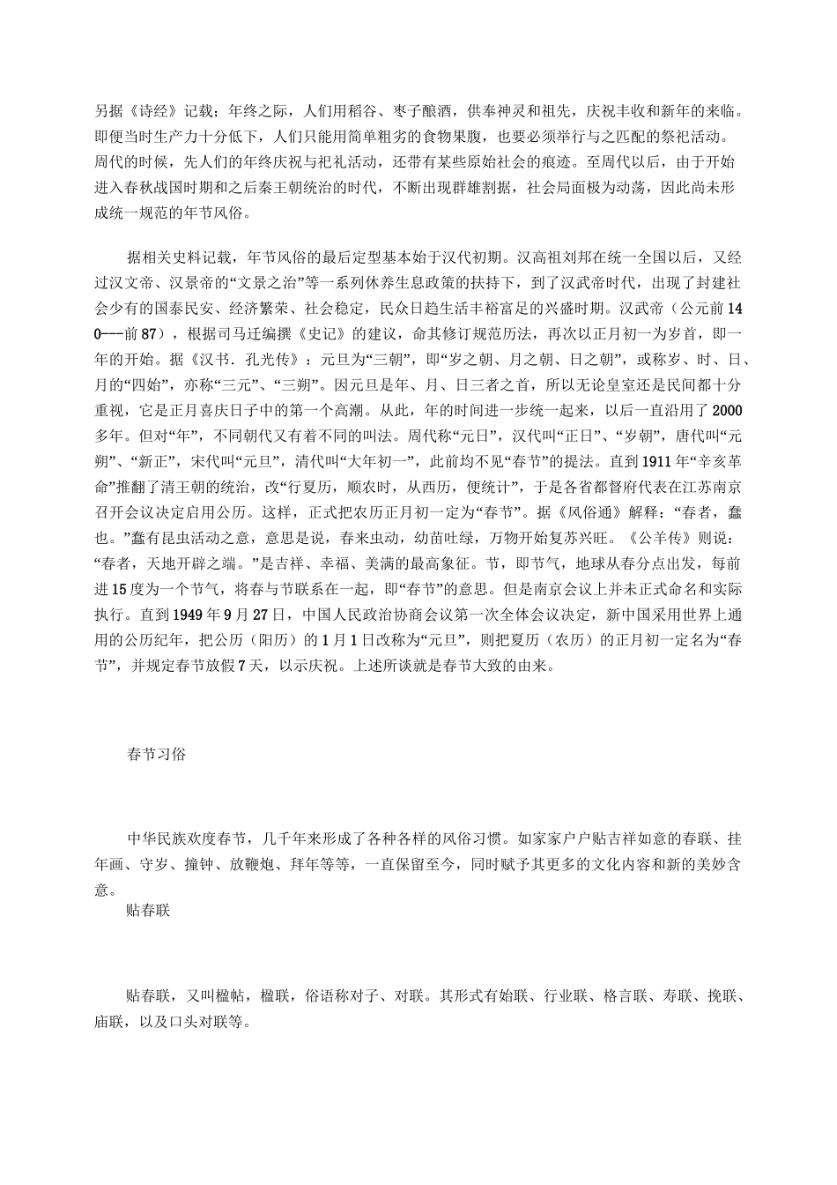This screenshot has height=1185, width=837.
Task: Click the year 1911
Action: (661, 461)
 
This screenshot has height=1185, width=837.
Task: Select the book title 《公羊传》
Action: (658, 538)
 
